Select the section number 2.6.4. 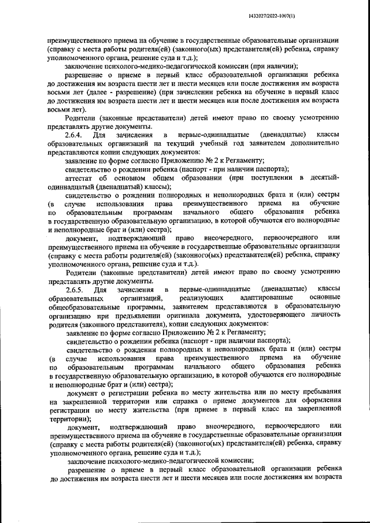(x=76, y=135)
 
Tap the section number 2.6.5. (x=76, y=288)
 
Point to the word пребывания (x=318, y=392)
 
